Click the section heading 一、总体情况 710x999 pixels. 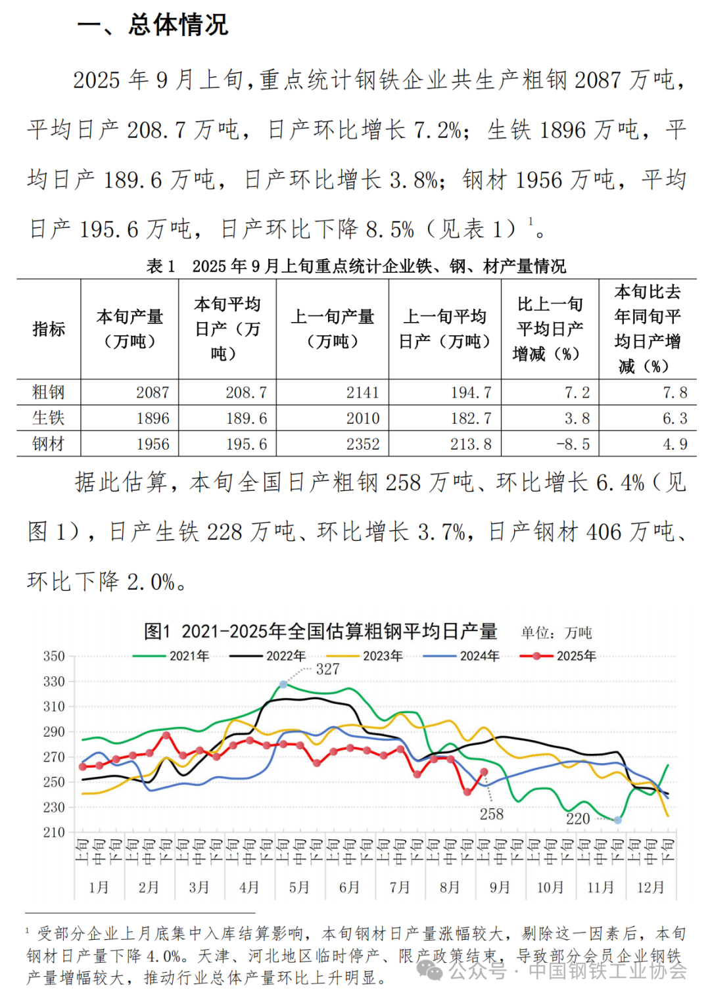click(153, 25)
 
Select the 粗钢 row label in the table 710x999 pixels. click(48, 392)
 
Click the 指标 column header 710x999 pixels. click(49, 329)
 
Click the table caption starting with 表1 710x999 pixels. click(356, 266)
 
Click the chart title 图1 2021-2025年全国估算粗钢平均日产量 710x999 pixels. click(320, 632)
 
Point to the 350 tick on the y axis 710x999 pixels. click(54, 656)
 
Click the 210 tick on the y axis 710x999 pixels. click(54, 832)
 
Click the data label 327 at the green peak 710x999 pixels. click(327, 669)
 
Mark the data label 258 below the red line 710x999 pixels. click(491, 814)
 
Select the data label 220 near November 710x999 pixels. click(578, 818)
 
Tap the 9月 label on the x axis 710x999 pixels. click(500, 887)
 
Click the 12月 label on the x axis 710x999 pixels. click(650, 887)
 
